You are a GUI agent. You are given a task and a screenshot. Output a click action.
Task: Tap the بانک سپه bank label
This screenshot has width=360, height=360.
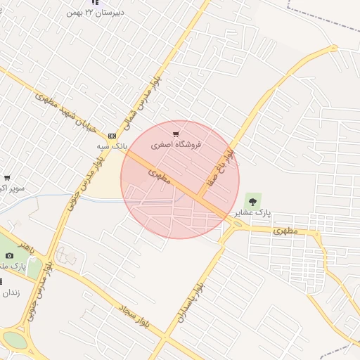112,146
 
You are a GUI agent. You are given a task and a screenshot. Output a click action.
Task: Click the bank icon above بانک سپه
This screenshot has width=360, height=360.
112,136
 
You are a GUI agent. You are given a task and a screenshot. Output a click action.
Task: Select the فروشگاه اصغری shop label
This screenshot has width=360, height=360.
176,144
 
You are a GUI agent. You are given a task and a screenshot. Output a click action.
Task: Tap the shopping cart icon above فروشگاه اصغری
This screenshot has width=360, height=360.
176,134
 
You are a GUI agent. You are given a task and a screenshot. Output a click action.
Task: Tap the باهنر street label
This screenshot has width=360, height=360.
26,248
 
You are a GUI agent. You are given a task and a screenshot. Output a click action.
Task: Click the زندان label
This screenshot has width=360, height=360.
12,292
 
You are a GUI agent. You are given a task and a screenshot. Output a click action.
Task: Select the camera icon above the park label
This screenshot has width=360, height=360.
10,256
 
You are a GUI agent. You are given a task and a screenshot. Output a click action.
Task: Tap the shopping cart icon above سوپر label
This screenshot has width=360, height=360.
7,178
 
